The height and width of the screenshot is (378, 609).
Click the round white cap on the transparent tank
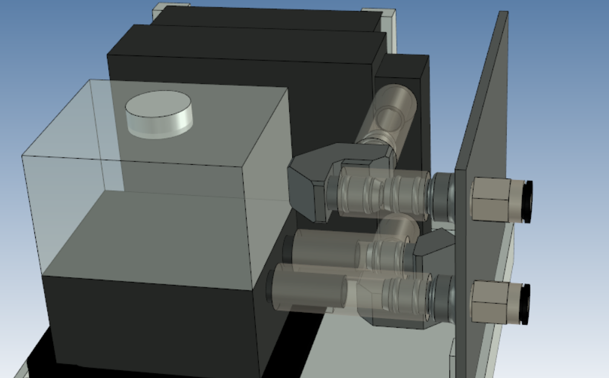158,114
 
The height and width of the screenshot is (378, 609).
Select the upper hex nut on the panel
491,200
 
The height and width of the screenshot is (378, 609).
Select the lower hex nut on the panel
491,301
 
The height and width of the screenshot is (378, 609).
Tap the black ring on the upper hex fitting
527,202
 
